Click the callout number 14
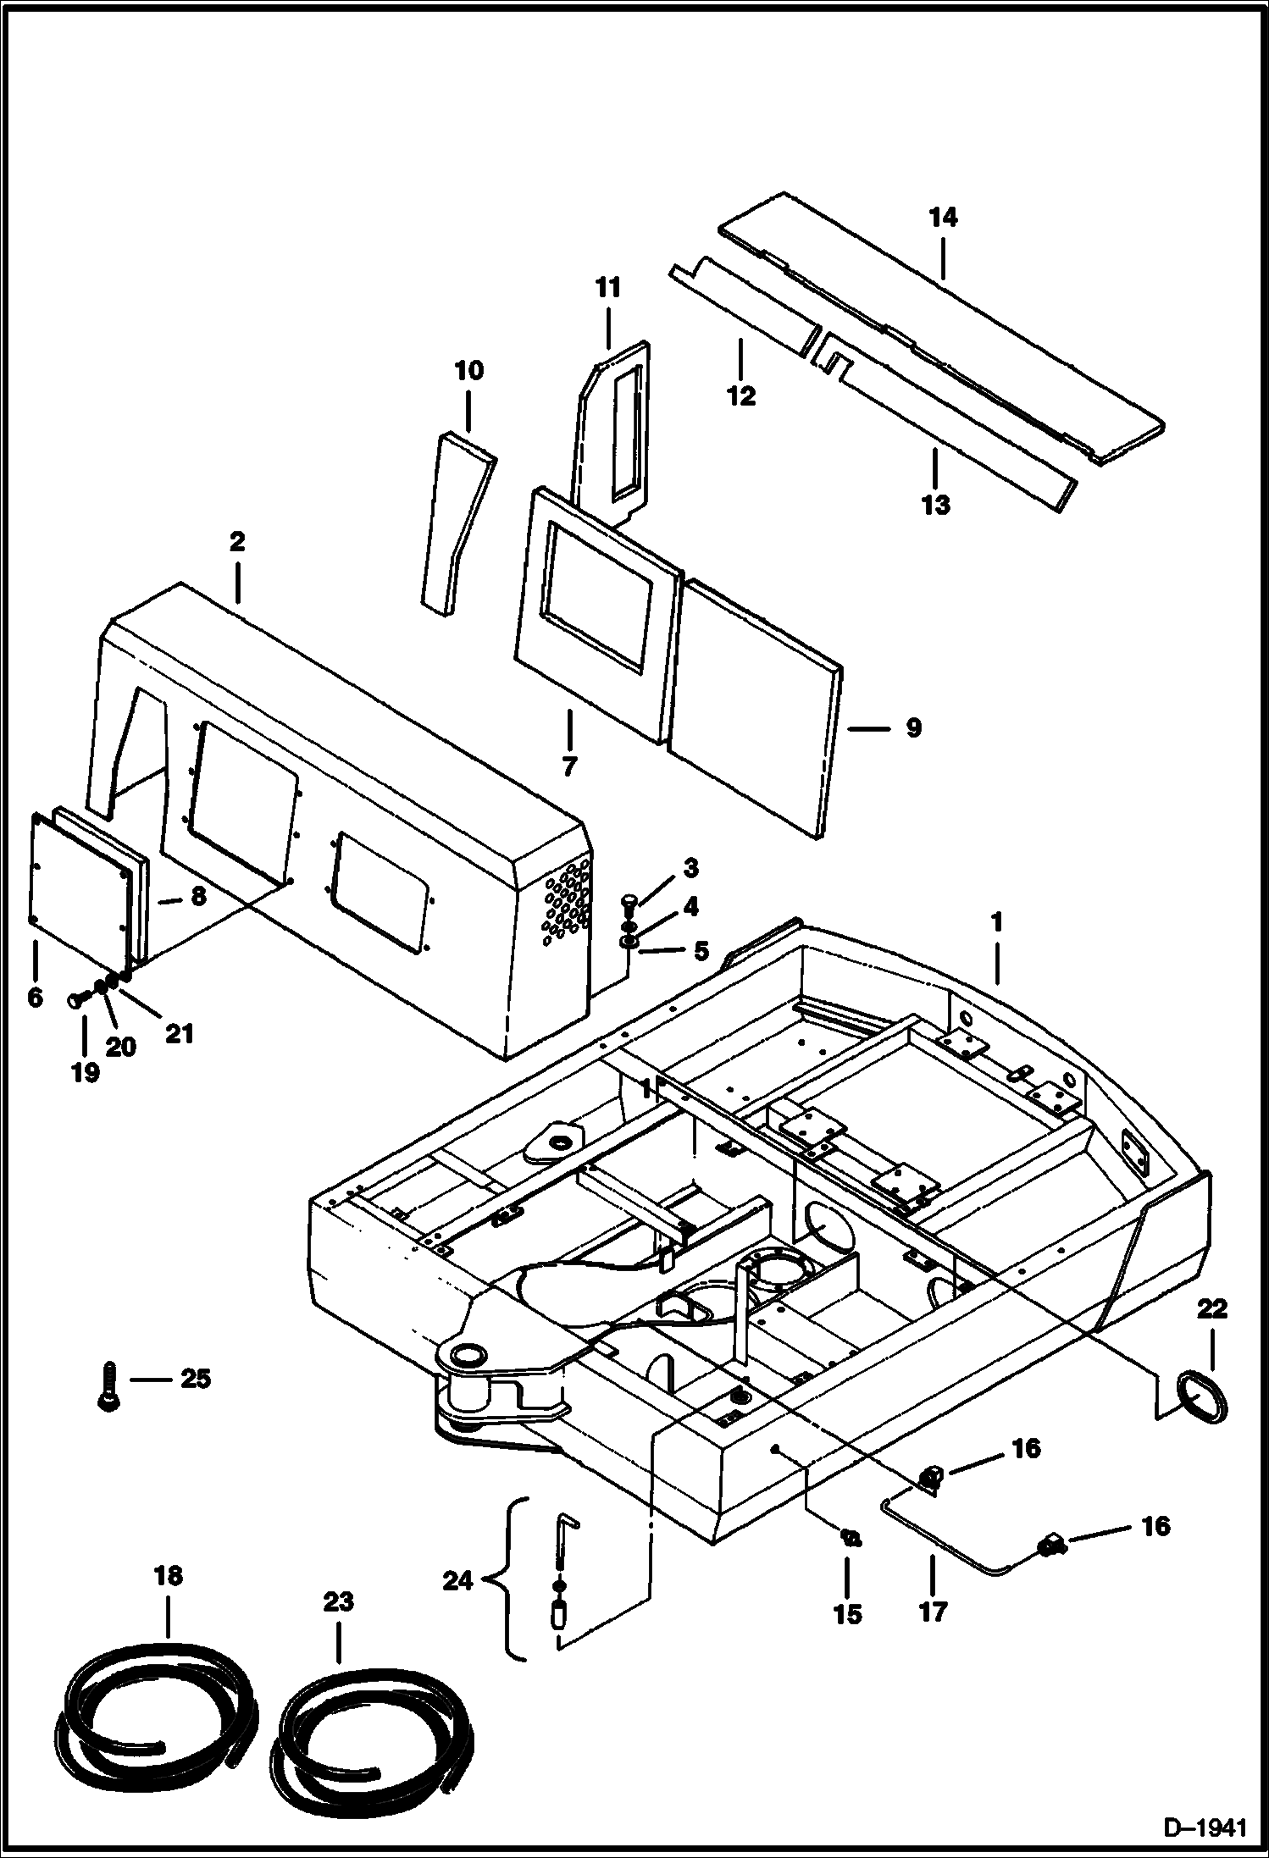coord(942,218)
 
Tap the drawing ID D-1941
coord(1205,1830)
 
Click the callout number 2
coord(237,542)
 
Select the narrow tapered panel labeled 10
coord(456,523)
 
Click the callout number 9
coord(912,728)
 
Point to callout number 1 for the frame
coord(997,921)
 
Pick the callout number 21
coord(180,1033)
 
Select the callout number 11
coord(608,288)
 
